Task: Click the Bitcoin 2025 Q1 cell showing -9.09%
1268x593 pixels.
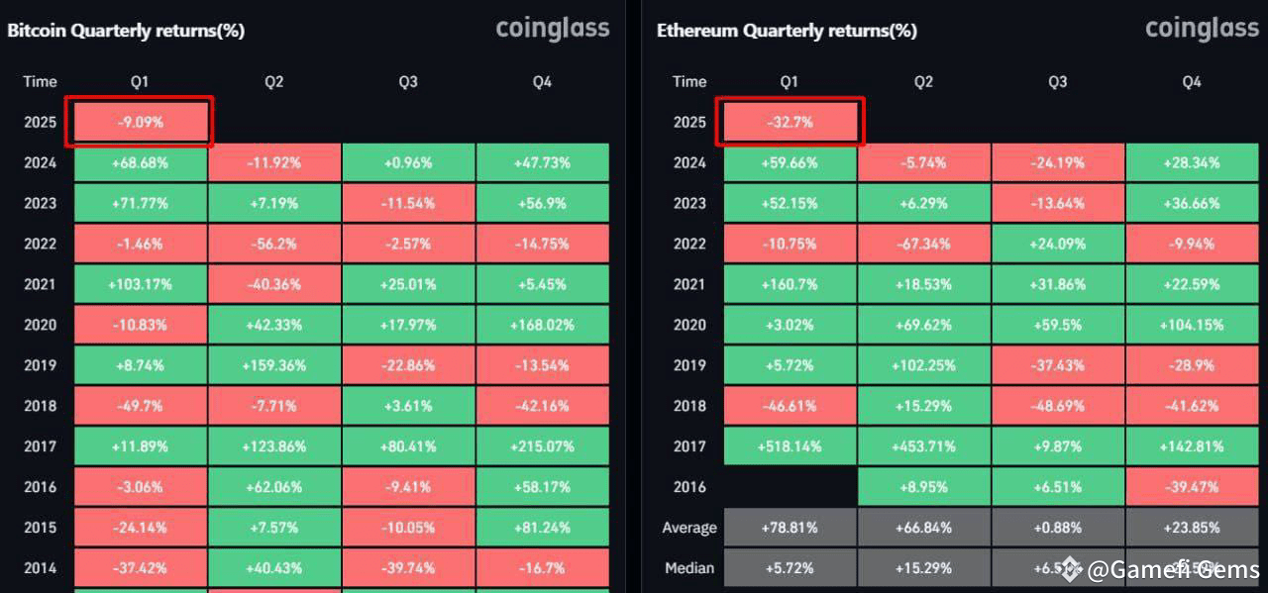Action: click(x=140, y=123)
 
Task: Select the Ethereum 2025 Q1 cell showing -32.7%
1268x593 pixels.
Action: click(x=790, y=123)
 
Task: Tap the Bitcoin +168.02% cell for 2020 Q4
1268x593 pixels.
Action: click(x=542, y=325)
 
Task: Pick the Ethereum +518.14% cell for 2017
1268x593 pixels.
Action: click(x=790, y=446)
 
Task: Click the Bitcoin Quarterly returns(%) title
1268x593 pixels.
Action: click(x=126, y=31)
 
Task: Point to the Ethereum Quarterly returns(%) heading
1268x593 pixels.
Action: click(x=787, y=31)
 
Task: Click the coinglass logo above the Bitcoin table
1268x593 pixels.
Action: click(x=552, y=28)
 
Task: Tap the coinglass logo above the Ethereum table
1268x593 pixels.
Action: click(x=1202, y=28)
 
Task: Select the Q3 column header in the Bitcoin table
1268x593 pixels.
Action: click(x=408, y=81)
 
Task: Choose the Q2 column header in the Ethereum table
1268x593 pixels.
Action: click(x=923, y=81)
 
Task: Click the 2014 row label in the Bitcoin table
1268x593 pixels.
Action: click(x=41, y=568)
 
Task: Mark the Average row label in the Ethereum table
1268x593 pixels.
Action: click(x=688, y=528)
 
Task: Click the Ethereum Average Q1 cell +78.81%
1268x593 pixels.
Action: click(x=790, y=528)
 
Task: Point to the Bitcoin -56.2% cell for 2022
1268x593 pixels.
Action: click(x=274, y=244)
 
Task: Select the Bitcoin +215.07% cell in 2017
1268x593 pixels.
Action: click(x=542, y=446)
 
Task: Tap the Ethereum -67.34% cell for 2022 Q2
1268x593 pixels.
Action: click(x=923, y=244)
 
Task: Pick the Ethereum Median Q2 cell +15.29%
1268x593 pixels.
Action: click(x=923, y=568)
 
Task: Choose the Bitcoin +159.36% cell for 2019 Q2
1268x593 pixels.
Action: click(x=274, y=365)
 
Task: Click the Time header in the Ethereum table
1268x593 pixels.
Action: click(x=689, y=81)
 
